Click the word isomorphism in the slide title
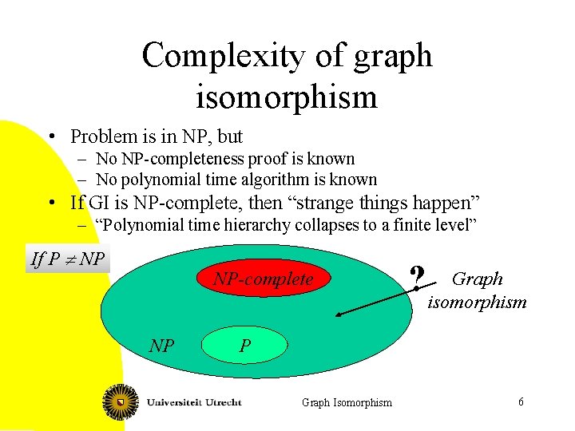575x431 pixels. tap(287, 97)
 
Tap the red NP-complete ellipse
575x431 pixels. tap(263, 279)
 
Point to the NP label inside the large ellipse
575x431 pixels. tap(162, 346)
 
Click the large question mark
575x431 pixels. tap(415, 279)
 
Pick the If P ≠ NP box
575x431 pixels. tap(68, 259)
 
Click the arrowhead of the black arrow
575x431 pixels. tap(339, 316)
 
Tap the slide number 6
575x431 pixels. tap(521, 401)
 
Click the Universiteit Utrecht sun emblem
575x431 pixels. tap(121, 401)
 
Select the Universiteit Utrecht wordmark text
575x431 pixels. tap(194, 402)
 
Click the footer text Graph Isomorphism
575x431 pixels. tap(347, 402)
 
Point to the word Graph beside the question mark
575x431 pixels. tap(478, 279)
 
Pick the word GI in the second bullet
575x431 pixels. tap(99, 203)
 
